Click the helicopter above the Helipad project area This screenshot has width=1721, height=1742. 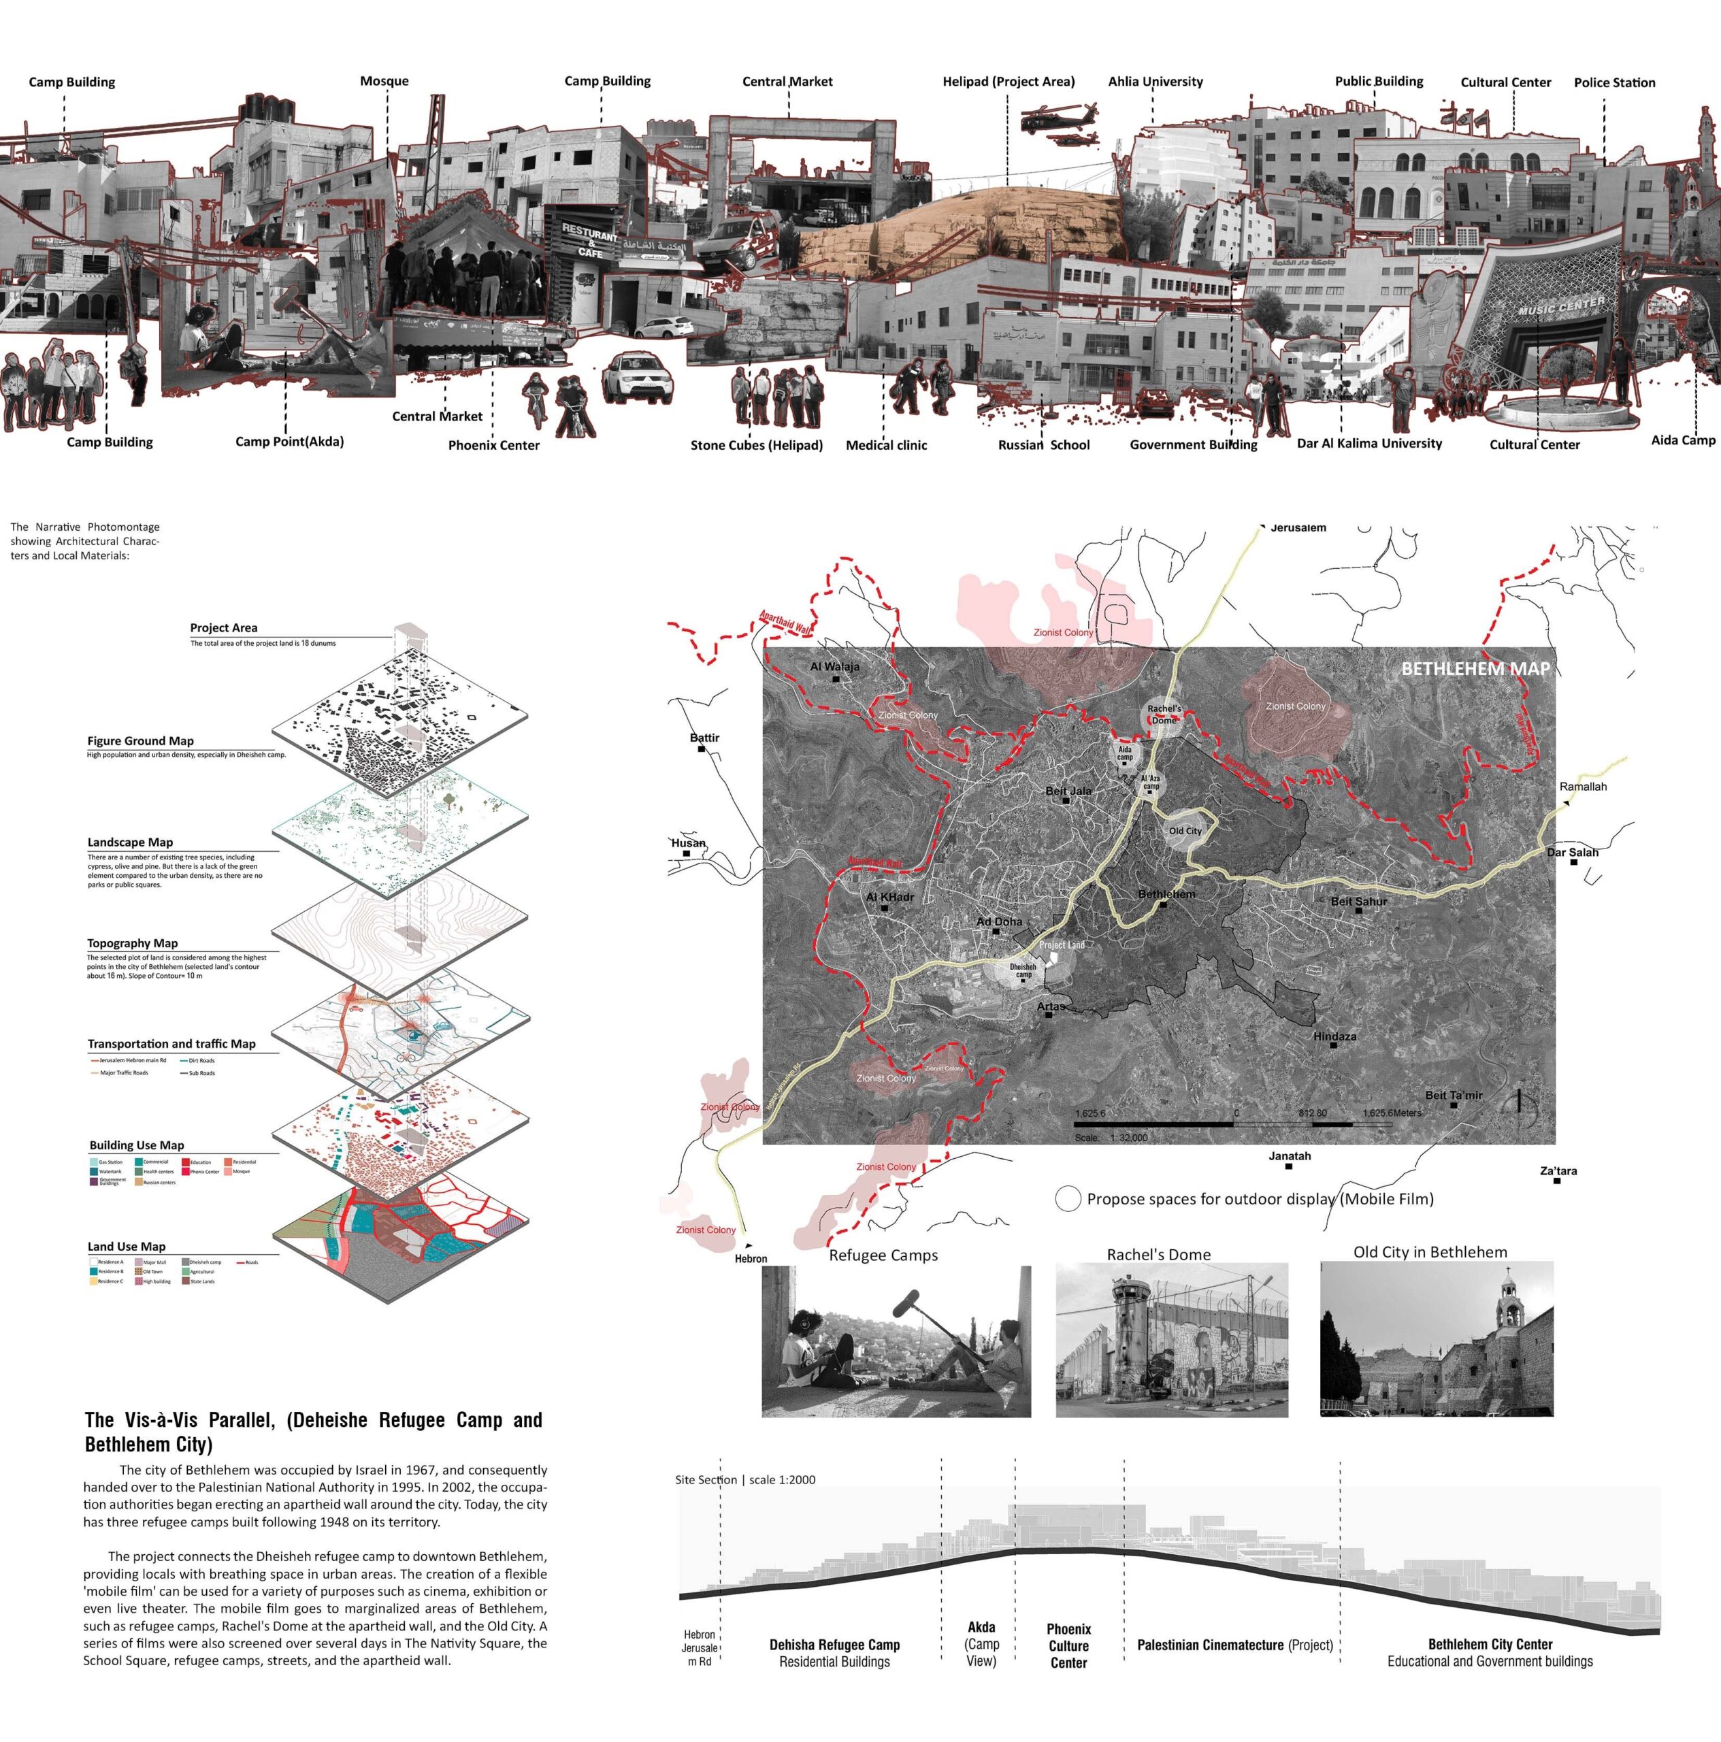point(1060,122)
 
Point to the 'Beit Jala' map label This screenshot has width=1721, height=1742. point(1068,791)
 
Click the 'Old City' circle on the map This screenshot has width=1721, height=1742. point(1185,830)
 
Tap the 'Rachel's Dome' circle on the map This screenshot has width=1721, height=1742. point(1164,714)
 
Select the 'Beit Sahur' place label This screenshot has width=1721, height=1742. point(1358,901)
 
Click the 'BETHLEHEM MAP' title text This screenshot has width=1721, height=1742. point(1475,669)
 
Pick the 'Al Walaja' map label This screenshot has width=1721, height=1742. point(834,666)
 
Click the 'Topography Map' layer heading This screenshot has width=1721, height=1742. point(133,943)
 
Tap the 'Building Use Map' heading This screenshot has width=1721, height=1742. point(136,1145)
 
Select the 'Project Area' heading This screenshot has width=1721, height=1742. point(224,627)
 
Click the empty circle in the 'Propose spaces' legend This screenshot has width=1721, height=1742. point(1068,1199)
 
